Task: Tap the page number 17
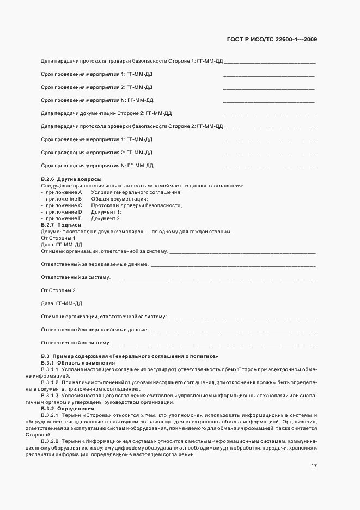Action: [315, 466]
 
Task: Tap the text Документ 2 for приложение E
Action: [106, 218]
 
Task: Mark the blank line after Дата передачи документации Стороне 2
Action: [269, 114]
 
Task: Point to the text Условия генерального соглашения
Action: [136, 192]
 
